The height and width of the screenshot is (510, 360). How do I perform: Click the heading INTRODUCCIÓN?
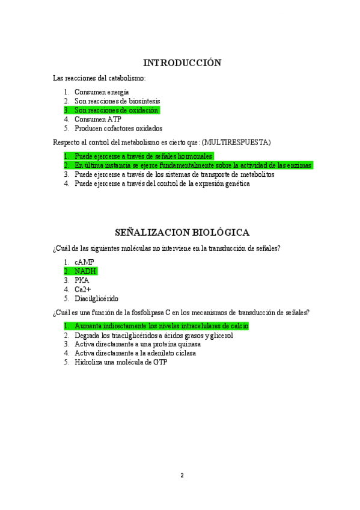point(182,63)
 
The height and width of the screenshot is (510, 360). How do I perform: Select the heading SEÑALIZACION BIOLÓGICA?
point(182,233)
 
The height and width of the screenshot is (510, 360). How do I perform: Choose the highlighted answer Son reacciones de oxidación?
point(116,110)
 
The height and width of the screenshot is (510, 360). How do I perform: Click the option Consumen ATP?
point(97,119)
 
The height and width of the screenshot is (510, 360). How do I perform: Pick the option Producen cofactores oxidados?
point(118,128)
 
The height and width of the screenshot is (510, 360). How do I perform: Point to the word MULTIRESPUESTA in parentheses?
point(237,142)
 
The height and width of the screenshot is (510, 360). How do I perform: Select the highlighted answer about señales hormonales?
point(143,156)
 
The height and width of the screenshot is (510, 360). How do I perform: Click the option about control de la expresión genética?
point(162,183)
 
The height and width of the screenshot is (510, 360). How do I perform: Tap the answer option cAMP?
point(84,262)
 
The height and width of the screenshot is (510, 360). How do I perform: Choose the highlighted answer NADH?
point(85,271)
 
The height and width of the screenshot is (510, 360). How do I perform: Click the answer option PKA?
point(82,280)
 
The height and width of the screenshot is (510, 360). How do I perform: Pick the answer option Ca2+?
point(83,289)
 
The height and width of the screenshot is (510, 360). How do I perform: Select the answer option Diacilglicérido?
point(96,298)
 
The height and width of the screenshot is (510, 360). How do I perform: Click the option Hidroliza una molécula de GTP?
point(121,363)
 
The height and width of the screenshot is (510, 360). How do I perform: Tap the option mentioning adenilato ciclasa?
point(135,353)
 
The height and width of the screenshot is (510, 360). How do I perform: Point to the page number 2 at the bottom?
point(182,475)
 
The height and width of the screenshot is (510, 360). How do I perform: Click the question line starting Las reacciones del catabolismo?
point(99,78)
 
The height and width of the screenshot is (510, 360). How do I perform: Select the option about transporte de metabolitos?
point(174,174)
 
